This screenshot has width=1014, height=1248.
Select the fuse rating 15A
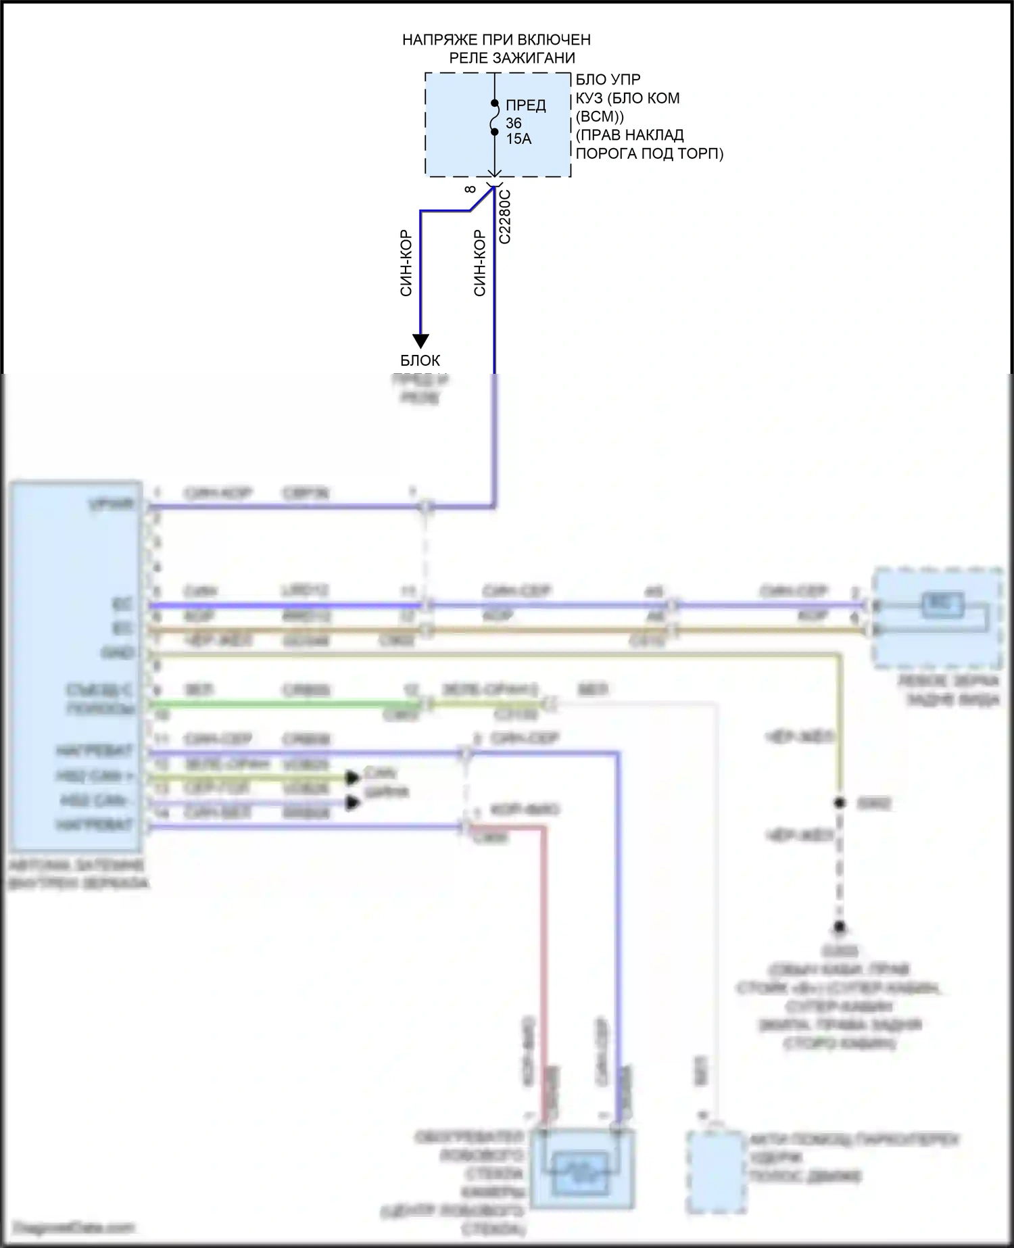(x=518, y=139)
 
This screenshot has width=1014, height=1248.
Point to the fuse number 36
(x=514, y=123)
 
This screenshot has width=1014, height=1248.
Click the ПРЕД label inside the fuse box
(x=526, y=105)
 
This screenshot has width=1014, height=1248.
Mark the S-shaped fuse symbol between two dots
(x=495, y=118)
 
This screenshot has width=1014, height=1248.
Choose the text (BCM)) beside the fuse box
(x=600, y=116)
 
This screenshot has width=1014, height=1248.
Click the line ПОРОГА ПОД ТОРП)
(x=649, y=153)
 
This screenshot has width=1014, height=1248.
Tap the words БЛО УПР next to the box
(x=608, y=80)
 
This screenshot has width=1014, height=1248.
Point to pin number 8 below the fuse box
(x=471, y=189)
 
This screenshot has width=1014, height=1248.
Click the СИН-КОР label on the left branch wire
(x=406, y=264)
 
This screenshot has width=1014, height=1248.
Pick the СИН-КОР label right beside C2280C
(x=479, y=264)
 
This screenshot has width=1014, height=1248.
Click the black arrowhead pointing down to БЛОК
(x=421, y=341)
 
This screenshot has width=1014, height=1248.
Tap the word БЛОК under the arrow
(x=420, y=360)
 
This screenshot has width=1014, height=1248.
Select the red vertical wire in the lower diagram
(x=544, y=946)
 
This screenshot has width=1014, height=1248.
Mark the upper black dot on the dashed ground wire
(x=840, y=803)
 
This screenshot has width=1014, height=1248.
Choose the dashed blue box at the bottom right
(x=716, y=1172)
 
